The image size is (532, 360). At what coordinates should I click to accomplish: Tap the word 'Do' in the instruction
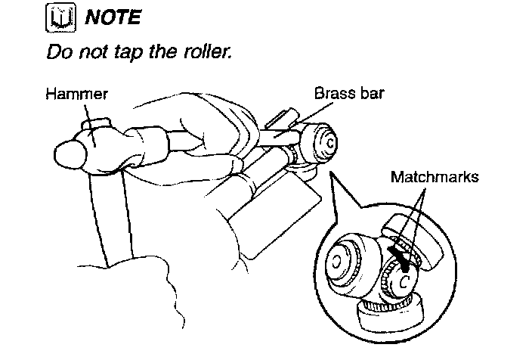pos(59,54)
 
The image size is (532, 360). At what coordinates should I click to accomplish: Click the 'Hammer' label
pos(76,95)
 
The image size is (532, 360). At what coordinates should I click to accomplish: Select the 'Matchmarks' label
pos(435,177)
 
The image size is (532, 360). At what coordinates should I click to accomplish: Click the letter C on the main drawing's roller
pos(329,142)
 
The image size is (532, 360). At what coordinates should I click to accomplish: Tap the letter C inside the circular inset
pos(404,281)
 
